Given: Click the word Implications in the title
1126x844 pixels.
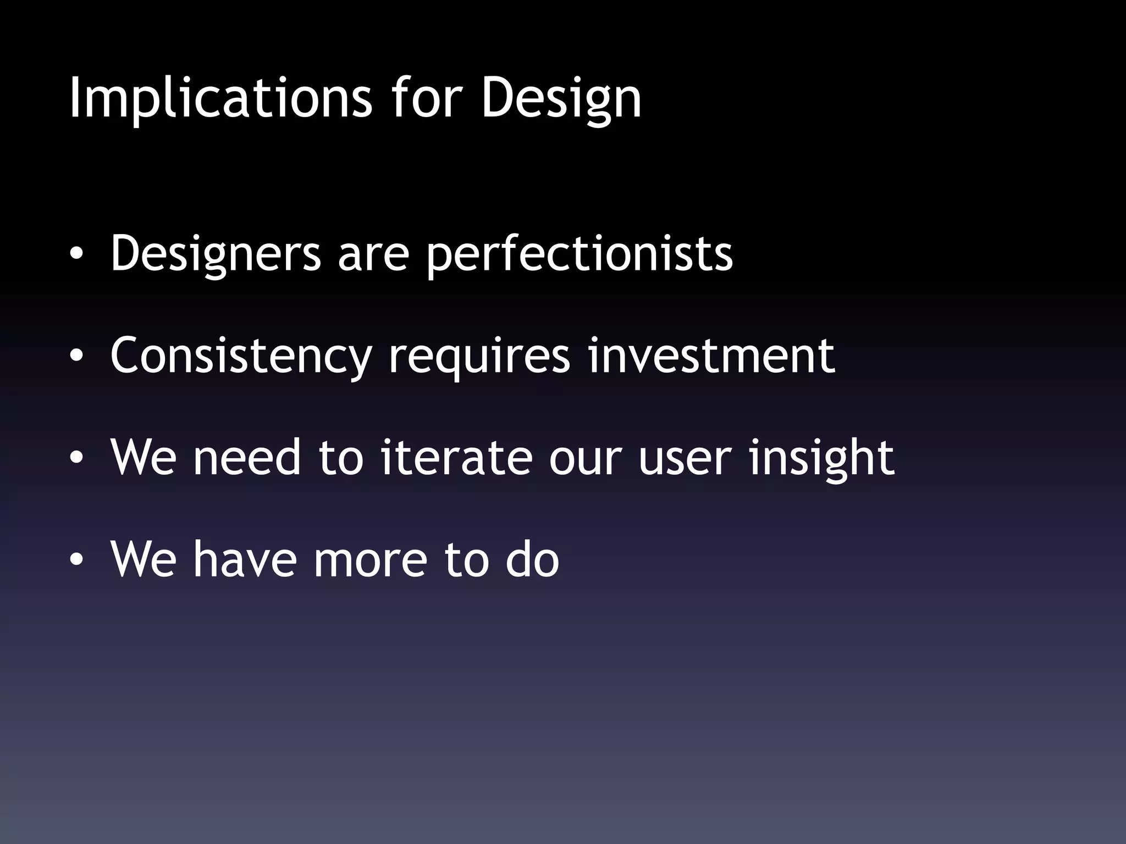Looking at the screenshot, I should coord(220,99).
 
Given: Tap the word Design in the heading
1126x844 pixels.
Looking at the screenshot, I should coord(561,99).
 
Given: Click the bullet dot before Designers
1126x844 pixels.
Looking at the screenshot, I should coord(76,254).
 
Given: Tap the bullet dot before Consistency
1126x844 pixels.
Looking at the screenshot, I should coord(76,356).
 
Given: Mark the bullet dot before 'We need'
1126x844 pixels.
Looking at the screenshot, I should coord(76,458).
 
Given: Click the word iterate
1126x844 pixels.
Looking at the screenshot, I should coord(456,457).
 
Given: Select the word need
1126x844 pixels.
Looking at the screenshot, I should coord(247,457).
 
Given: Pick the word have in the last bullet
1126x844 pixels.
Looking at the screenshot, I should coord(245,559).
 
